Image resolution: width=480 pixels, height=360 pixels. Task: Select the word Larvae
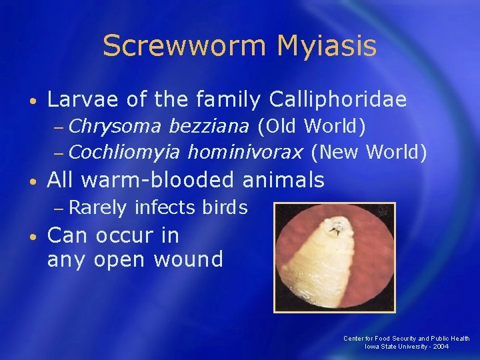83,100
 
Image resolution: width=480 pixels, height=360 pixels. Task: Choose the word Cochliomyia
124,152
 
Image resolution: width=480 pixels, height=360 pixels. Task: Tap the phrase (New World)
369,152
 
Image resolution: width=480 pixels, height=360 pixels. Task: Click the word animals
283,180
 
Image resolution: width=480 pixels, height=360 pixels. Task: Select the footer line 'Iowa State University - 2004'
407,347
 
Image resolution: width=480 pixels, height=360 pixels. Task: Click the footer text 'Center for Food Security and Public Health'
407,339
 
